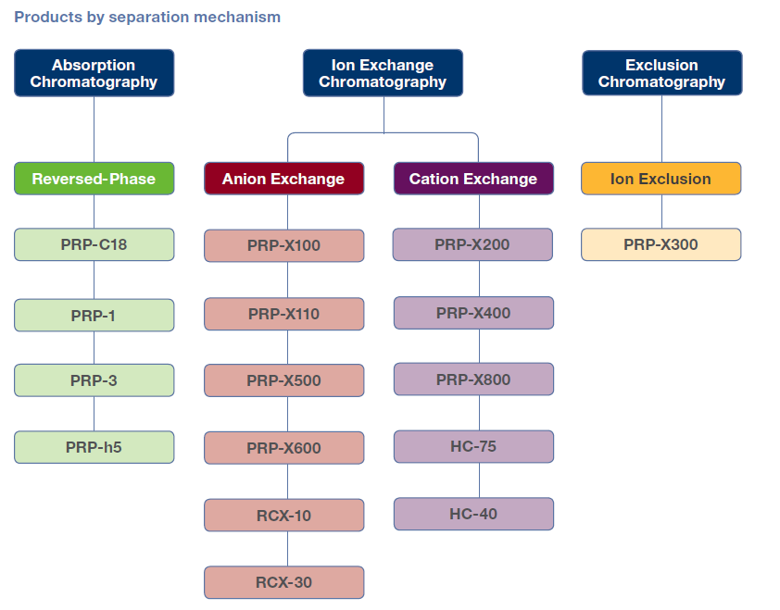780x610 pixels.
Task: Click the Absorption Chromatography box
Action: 94,73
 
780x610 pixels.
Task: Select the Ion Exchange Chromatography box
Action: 383,73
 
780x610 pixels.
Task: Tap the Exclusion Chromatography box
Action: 662,73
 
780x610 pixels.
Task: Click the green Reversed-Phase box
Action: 94,179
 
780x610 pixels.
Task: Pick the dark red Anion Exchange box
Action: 284,179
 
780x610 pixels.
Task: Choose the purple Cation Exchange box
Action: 473,179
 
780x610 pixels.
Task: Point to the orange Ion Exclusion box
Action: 661,179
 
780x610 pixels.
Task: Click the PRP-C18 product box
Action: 94,244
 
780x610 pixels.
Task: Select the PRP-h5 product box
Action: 94,447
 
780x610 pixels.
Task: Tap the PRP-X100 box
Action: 284,245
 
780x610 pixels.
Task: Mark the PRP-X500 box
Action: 284,380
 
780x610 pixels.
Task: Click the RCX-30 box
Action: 284,582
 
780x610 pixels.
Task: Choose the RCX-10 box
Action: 284,516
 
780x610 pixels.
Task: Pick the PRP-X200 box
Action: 472,244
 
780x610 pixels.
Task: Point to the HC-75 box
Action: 473,446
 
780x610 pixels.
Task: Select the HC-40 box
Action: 473,514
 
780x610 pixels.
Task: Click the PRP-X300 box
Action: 661,244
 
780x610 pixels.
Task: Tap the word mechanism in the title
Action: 237,17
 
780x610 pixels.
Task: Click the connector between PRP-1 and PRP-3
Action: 94,348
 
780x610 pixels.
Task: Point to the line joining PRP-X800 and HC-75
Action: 480,413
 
